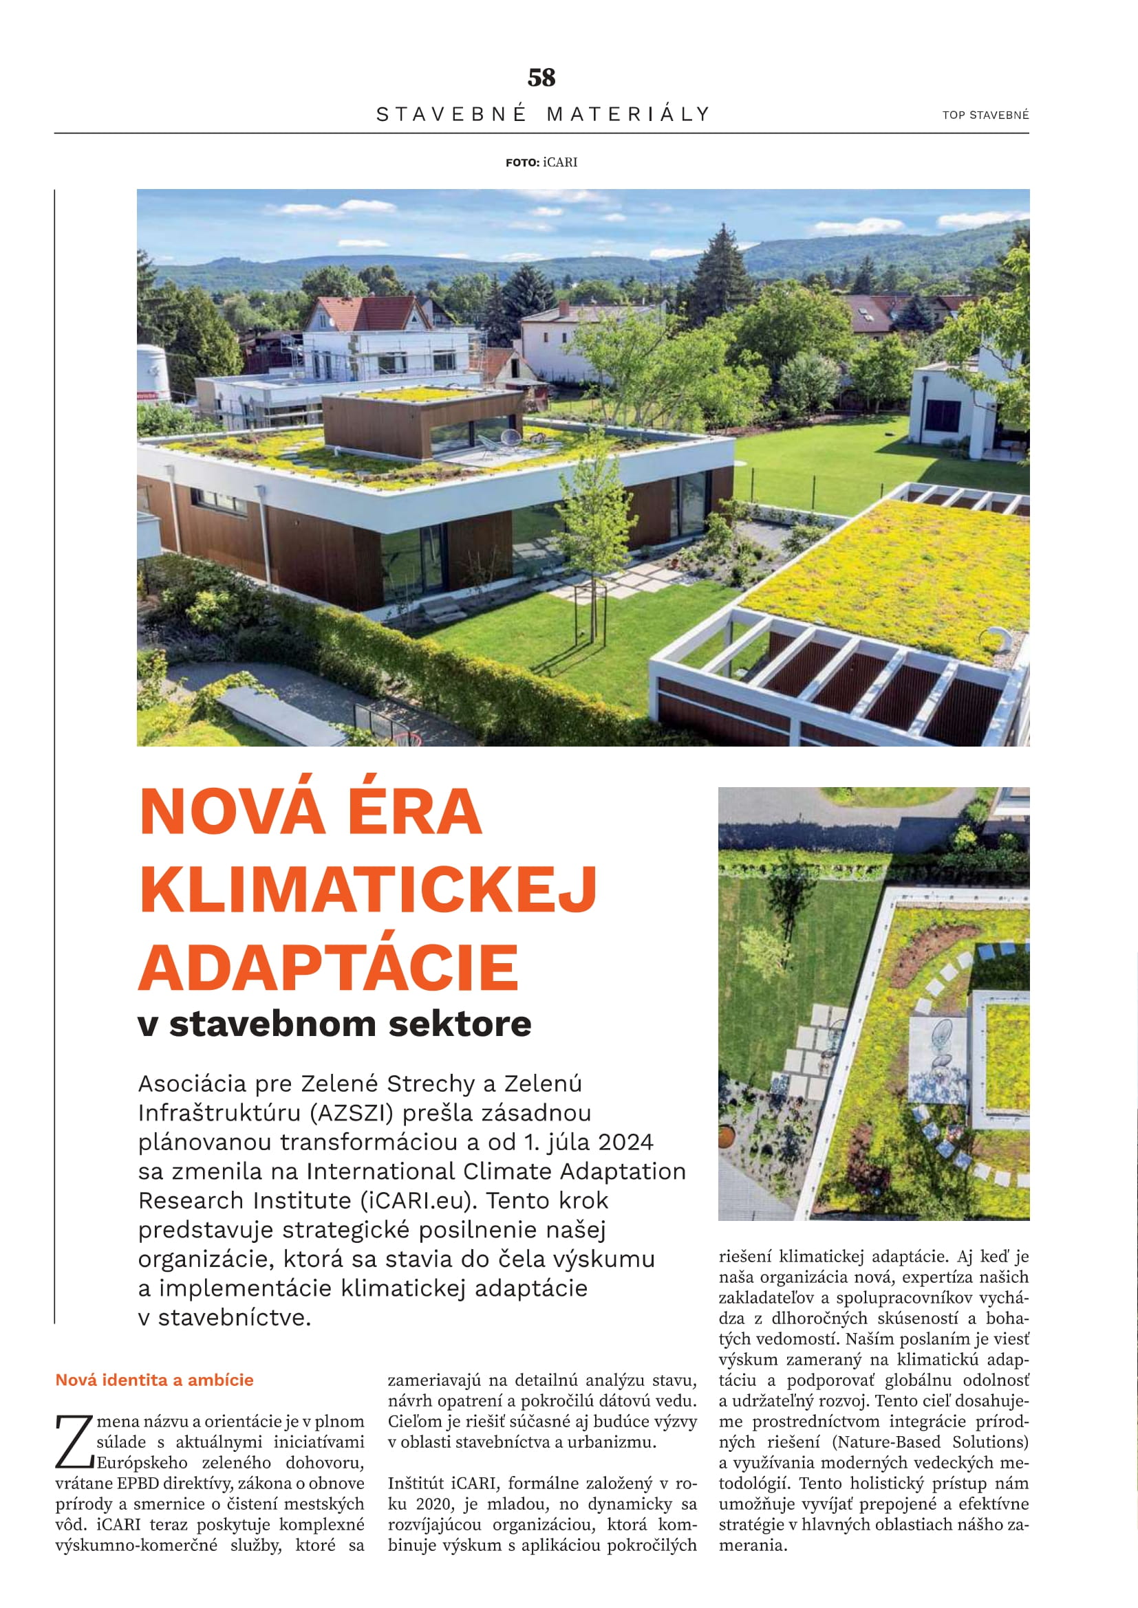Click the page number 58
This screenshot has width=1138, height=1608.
541,78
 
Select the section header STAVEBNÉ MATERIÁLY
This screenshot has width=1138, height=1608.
543,114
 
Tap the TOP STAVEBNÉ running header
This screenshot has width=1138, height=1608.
985,115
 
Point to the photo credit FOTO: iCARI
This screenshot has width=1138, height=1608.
541,162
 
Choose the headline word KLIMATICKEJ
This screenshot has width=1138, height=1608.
368,890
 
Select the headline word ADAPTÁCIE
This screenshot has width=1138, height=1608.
328,967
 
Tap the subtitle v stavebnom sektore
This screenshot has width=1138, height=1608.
334,1024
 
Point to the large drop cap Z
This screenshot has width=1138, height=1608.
74,1442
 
